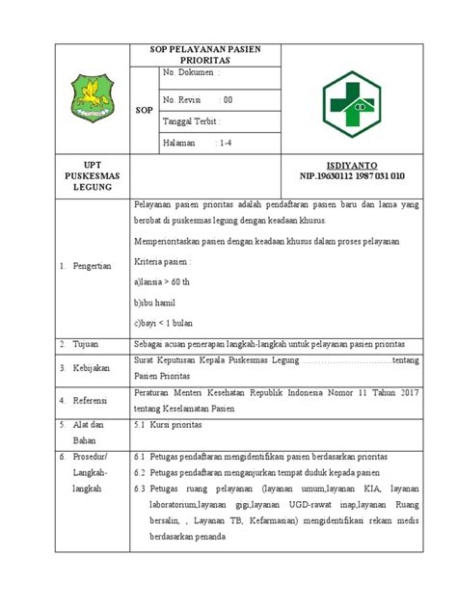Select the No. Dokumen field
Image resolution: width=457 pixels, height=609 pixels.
[x=193, y=74]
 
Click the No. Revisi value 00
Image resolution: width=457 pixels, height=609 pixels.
[x=228, y=99]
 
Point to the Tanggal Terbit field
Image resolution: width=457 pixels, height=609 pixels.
[x=192, y=121]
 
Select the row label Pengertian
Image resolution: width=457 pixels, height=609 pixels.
[x=93, y=266]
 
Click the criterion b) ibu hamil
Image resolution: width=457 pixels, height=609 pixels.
[x=161, y=304]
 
